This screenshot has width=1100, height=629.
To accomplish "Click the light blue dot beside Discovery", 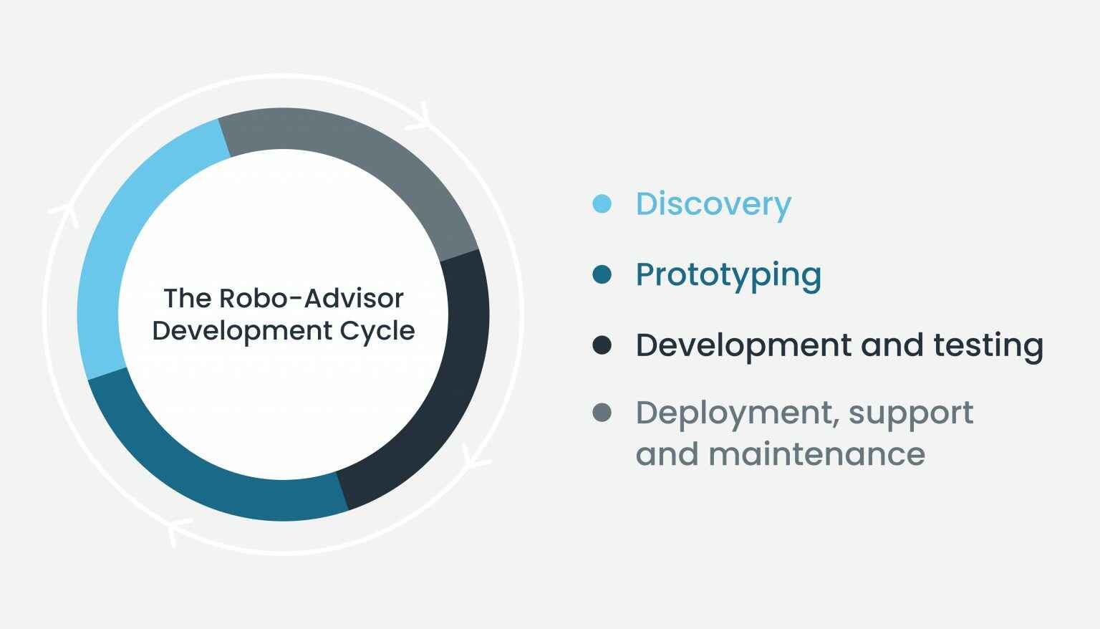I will click(602, 204).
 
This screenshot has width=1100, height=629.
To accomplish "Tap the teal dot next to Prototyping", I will click(602, 274).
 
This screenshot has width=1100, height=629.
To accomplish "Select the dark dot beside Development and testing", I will click(602, 345).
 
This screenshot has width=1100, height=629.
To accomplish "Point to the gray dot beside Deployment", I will click(602, 413).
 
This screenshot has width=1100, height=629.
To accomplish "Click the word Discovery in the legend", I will click(713, 204).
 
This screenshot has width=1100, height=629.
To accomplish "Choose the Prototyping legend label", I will click(728, 275).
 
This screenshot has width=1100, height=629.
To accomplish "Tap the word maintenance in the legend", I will click(816, 454).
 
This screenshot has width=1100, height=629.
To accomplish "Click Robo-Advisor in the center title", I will click(312, 298).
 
